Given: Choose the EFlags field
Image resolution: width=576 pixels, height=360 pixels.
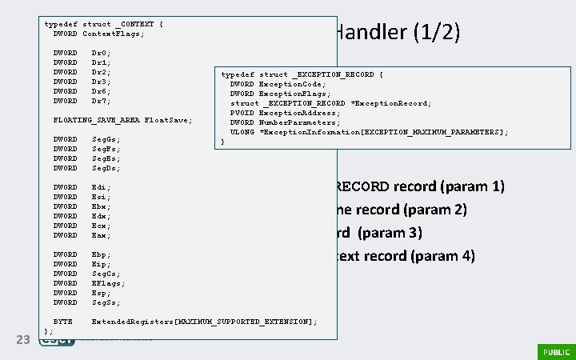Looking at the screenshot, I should (x=108, y=283).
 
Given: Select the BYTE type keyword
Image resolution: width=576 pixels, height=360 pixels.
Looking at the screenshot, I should (x=62, y=322).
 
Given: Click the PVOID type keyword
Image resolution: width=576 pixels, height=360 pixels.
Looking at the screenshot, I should (x=242, y=113).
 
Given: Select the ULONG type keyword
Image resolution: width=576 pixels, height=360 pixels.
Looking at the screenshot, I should (x=242, y=132).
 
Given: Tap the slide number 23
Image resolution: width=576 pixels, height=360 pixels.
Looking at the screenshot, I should (x=23, y=341).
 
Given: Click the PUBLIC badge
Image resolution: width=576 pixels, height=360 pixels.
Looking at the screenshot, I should (x=555, y=351).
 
